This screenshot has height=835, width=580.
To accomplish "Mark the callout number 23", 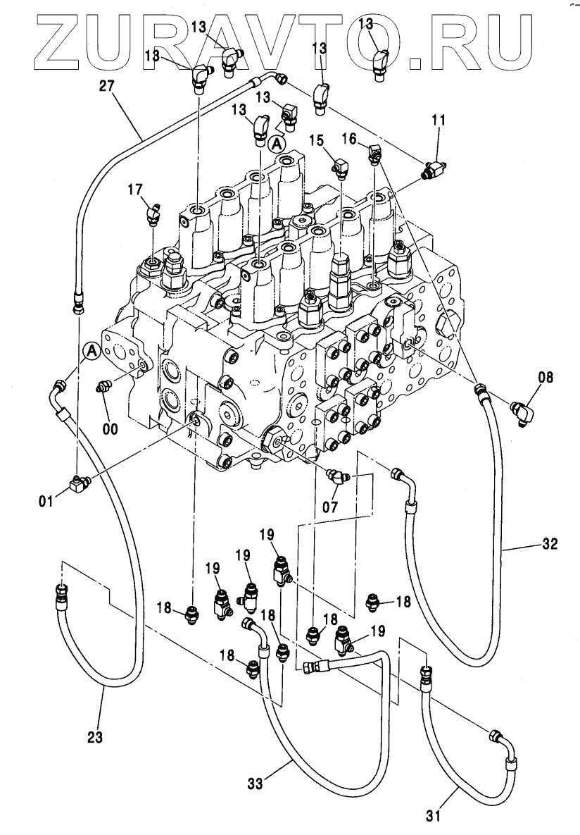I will tap(95, 737).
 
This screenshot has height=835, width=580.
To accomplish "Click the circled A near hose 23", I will tap(90, 350).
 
